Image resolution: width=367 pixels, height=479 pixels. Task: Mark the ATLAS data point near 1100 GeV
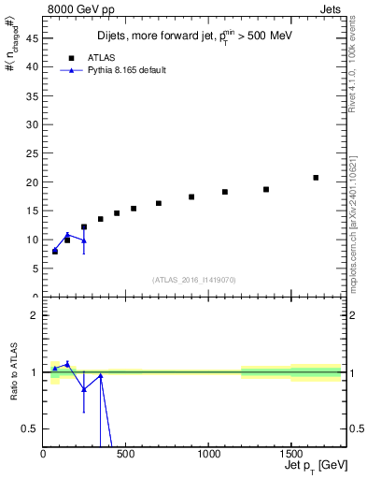coord(225,192)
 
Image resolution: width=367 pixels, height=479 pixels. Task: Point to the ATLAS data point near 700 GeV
coord(159,203)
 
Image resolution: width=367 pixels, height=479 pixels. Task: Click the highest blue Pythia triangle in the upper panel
coord(67,234)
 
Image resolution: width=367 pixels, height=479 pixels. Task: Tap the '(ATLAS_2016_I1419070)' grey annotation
coord(193,279)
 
